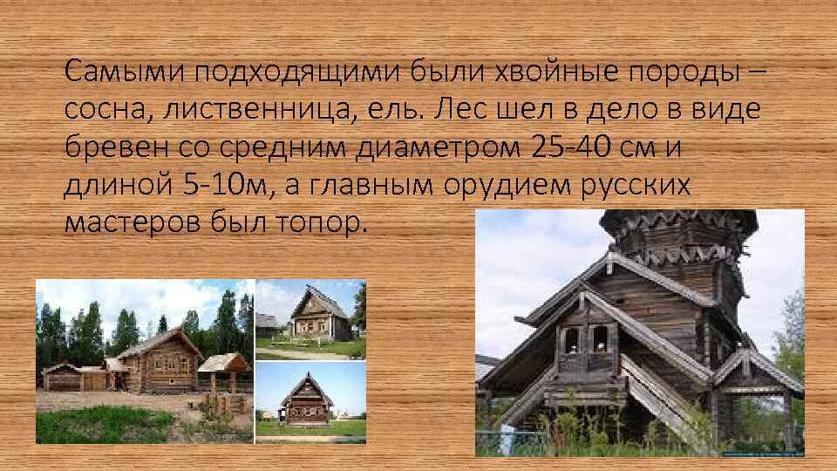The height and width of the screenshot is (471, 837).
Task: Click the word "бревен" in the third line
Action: click(107, 147)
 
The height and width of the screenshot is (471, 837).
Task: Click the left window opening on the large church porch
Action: click(572, 338)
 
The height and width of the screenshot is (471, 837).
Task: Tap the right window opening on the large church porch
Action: click(600, 338)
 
